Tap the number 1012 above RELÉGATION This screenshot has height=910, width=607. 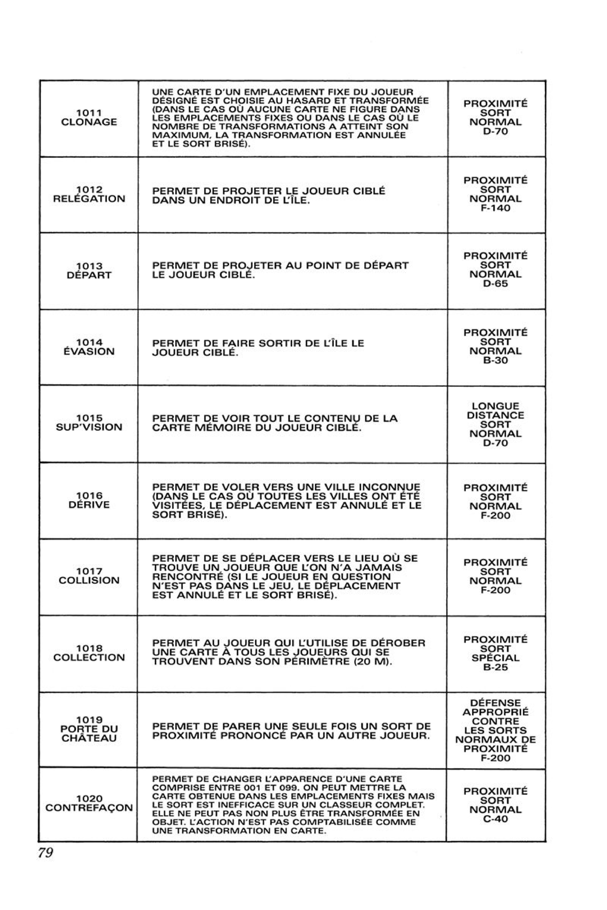point(89,190)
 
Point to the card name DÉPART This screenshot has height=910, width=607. point(89,275)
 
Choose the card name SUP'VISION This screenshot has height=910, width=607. point(89,427)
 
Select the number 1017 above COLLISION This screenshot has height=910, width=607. point(89,571)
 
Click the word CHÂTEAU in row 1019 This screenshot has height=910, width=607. point(89,738)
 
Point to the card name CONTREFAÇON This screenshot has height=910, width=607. point(89,808)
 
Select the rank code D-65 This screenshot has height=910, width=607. point(496,284)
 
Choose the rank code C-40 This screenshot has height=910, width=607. point(496,819)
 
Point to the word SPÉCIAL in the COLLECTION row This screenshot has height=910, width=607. point(496,658)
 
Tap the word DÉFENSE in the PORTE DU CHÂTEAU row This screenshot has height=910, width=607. point(496,703)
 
